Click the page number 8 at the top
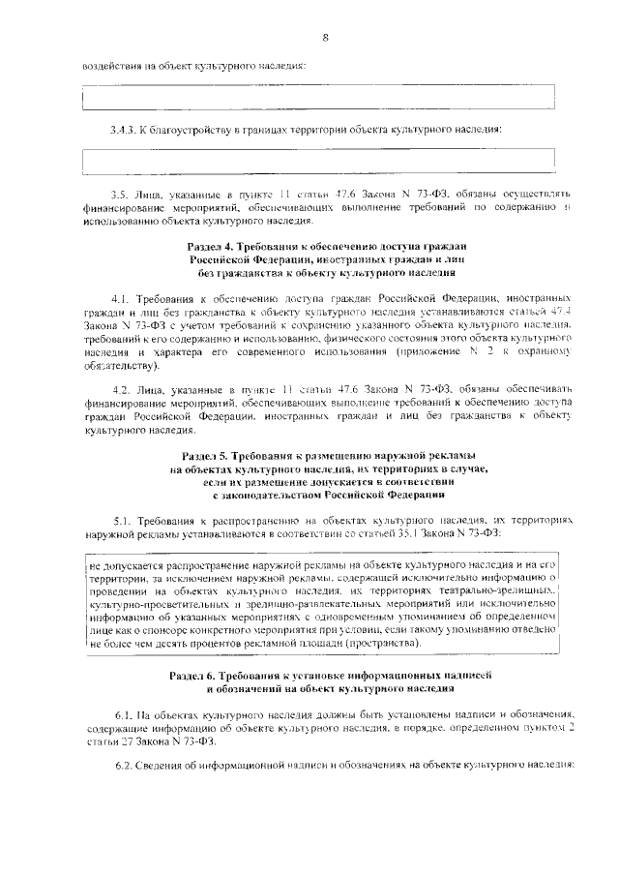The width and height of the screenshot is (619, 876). point(326,37)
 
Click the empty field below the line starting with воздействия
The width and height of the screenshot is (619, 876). point(318,98)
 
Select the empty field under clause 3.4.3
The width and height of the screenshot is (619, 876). point(318,160)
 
